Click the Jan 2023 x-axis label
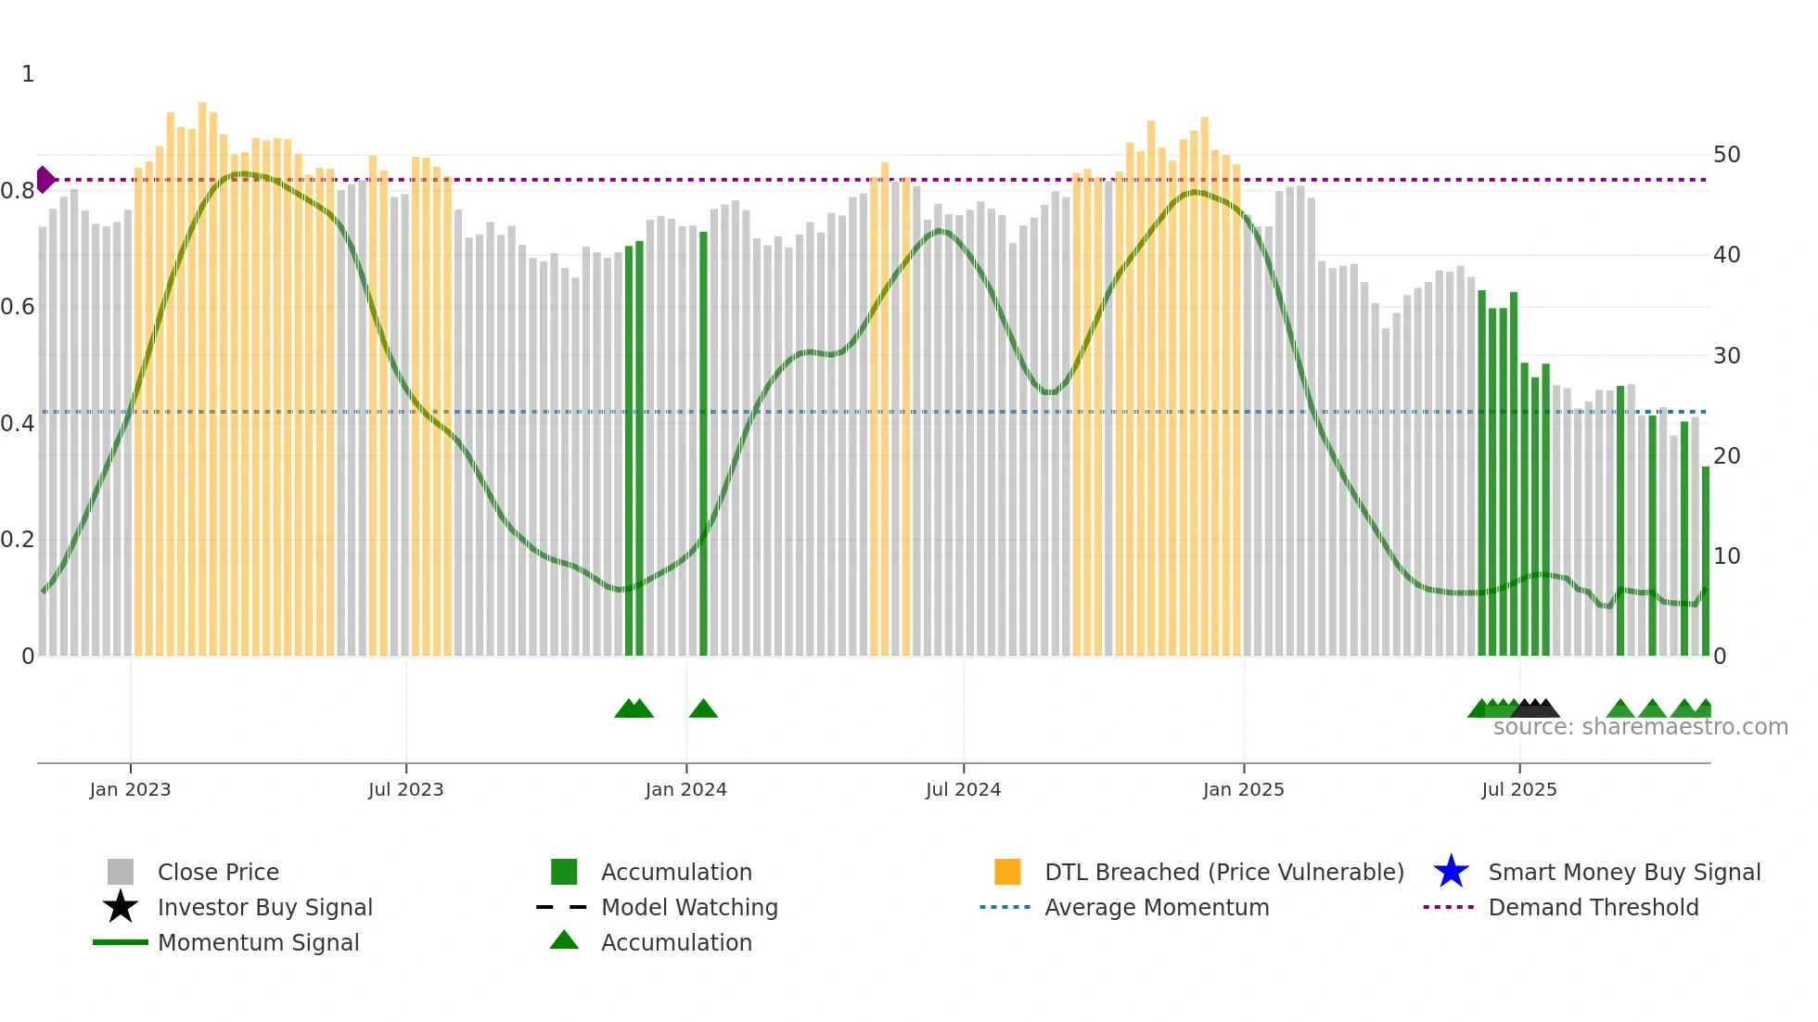coord(130,790)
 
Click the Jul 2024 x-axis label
coord(963,790)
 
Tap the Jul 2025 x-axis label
coord(1518,790)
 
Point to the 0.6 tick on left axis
coord(18,307)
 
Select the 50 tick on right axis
coord(1726,155)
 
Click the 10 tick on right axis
coord(1726,556)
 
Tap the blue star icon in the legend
coord(1451,872)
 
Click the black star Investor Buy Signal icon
coord(121,907)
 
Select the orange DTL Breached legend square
coord(1007,872)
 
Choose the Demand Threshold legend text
coord(1593,907)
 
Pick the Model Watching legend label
coord(689,907)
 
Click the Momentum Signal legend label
coord(258,942)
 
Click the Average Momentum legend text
coord(1157,907)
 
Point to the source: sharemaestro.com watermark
coord(1640,727)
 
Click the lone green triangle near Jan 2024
coord(703,709)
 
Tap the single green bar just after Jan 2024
coord(703,445)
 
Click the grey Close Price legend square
coord(121,872)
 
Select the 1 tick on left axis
coord(28,74)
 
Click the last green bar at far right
coord(1705,561)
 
